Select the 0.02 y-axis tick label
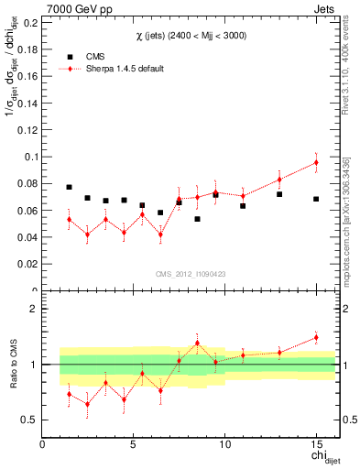[27, 264]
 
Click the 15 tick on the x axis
[316, 445]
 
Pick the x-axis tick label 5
[134, 445]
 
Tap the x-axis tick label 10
[224, 445]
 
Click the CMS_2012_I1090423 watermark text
[190, 272]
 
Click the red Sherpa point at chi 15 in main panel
[316, 163]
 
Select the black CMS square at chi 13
[279, 194]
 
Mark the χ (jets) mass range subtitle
[190, 35]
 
